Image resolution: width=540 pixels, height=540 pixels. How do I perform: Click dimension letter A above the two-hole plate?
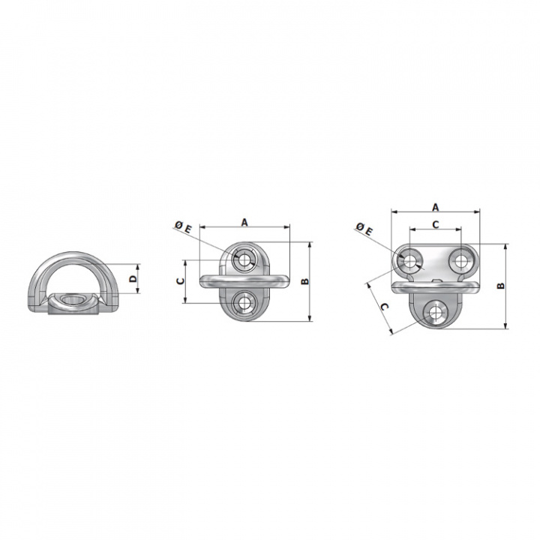[244, 221]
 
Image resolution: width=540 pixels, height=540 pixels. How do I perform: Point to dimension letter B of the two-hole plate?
[304, 281]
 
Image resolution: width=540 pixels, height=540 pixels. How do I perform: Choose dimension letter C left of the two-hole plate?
[179, 281]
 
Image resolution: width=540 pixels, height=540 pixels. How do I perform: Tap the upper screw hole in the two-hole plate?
[244, 259]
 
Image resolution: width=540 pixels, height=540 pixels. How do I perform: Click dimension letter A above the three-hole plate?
[436, 206]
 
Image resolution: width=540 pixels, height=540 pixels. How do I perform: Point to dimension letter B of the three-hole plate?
[499, 285]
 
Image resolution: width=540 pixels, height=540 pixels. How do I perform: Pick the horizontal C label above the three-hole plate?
[436, 224]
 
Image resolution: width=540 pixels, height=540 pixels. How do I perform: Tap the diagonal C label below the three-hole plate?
[382, 307]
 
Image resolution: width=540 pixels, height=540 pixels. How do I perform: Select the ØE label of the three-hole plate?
[364, 229]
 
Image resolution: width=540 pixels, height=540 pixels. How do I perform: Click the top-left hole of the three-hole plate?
[410, 259]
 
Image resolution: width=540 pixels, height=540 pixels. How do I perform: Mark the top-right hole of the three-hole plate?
[460, 259]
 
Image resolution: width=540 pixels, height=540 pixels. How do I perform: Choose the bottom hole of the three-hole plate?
[435, 313]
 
